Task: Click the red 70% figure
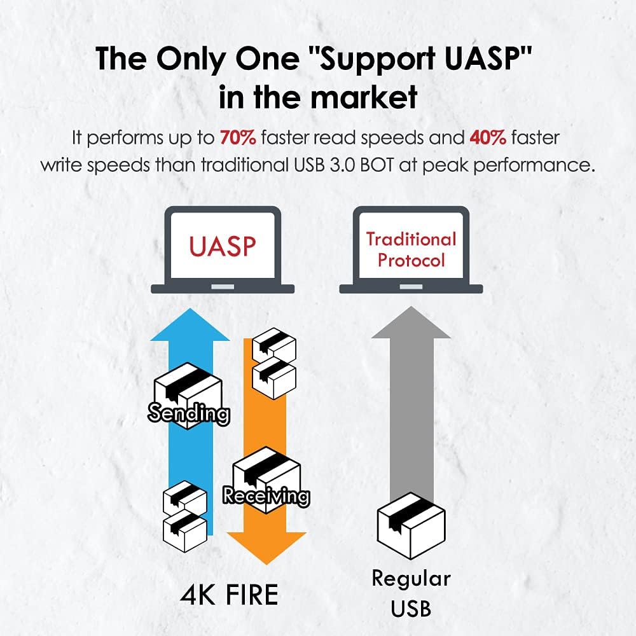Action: tap(238, 138)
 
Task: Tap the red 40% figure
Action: tap(488, 138)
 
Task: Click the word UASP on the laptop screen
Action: tap(223, 246)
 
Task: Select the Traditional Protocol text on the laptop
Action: tap(411, 249)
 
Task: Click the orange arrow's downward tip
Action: tap(266, 563)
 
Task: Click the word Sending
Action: tap(189, 413)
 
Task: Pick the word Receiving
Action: tap(266, 495)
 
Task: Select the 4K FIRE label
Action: tap(230, 595)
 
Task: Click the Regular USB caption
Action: tap(411, 593)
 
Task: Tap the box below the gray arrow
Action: tap(411, 526)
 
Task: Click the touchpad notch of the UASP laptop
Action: tap(223, 287)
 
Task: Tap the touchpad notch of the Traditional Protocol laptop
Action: tap(411, 287)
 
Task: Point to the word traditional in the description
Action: tap(244, 165)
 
